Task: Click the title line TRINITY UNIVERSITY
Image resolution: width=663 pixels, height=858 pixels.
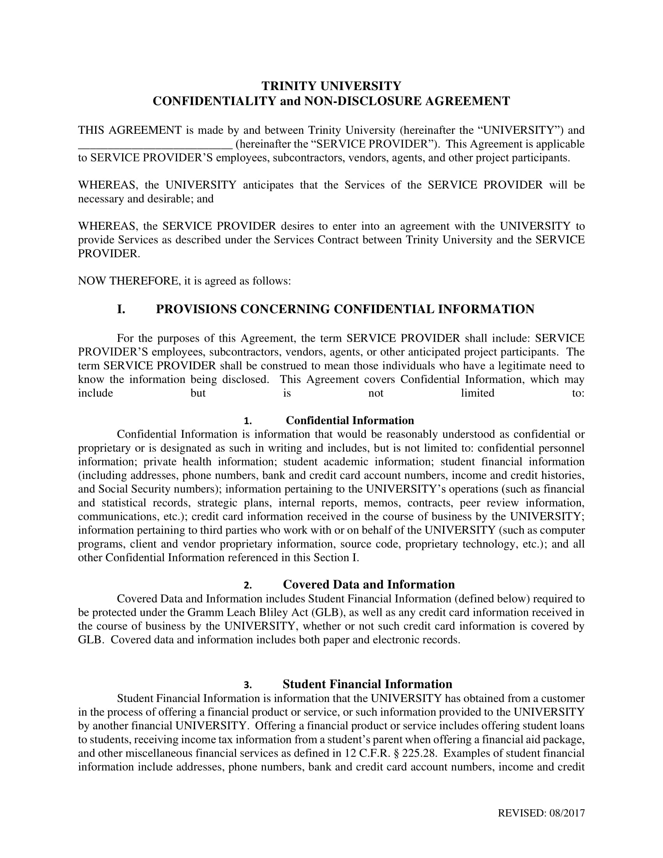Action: [331, 86]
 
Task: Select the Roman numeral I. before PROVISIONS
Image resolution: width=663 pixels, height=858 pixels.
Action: [121, 309]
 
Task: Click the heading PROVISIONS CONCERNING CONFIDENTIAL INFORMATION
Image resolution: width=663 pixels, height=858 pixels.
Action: [345, 309]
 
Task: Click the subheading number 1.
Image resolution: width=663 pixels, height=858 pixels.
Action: [247, 421]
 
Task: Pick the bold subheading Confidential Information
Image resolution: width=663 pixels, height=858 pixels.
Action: [349, 420]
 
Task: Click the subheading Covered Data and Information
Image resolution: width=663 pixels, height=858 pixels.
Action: [369, 585]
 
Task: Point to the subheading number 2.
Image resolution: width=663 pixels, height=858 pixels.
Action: [247, 585]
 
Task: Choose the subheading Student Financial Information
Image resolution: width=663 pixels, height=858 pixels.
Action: [367, 684]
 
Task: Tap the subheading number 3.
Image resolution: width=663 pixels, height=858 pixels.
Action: [247, 685]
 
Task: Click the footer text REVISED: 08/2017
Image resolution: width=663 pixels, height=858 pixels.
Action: [541, 813]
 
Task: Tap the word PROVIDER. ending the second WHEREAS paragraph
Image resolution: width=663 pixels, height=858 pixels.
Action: [109, 253]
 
